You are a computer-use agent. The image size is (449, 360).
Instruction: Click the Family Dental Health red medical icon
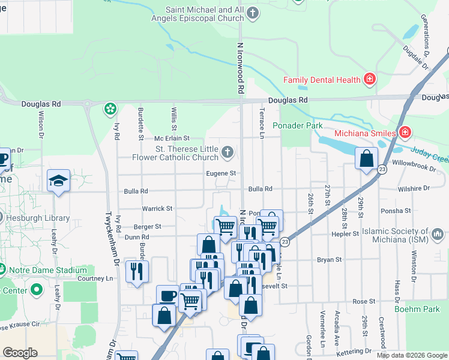pyautogui.click(x=370, y=79)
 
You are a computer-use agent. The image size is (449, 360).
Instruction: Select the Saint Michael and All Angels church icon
pyautogui.click(x=253, y=12)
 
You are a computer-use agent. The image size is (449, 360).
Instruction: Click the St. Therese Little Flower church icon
pyautogui.click(x=227, y=152)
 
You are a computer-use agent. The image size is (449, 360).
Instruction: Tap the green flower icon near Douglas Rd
pyautogui.click(x=110, y=109)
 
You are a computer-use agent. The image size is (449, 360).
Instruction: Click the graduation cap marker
pyautogui.click(x=59, y=180)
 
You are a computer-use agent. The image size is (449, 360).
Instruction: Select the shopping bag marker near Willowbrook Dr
pyautogui.click(x=366, y=159)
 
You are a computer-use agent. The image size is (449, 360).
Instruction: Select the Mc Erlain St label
pyautogui.click(x=172, y=139)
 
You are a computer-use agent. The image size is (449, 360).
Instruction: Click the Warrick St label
pyautogui.click(x=157, y=208)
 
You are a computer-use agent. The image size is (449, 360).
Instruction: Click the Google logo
pyautogui.click(x=20, y=353)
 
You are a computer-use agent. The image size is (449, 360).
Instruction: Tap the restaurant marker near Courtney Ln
pyautogui.click(x=137, y=272)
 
